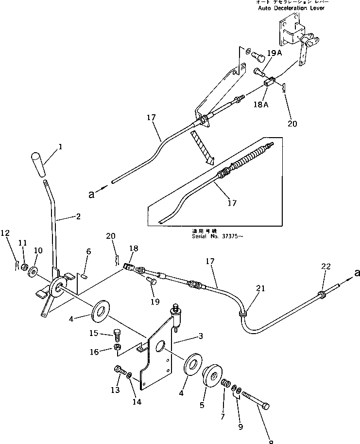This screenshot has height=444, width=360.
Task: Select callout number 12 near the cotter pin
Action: (x=5, y=233)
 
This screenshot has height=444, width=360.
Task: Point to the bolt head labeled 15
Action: (x=116, y=334)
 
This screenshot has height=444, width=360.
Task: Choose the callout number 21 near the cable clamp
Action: (x=261, y=289)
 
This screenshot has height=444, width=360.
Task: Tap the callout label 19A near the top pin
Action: (x=274, y=53)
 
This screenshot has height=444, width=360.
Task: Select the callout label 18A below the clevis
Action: (x=258, y=104)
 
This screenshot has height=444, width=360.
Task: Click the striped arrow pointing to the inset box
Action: (x=202, y=146)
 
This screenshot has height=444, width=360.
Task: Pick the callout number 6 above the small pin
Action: (x=88, y=251)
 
